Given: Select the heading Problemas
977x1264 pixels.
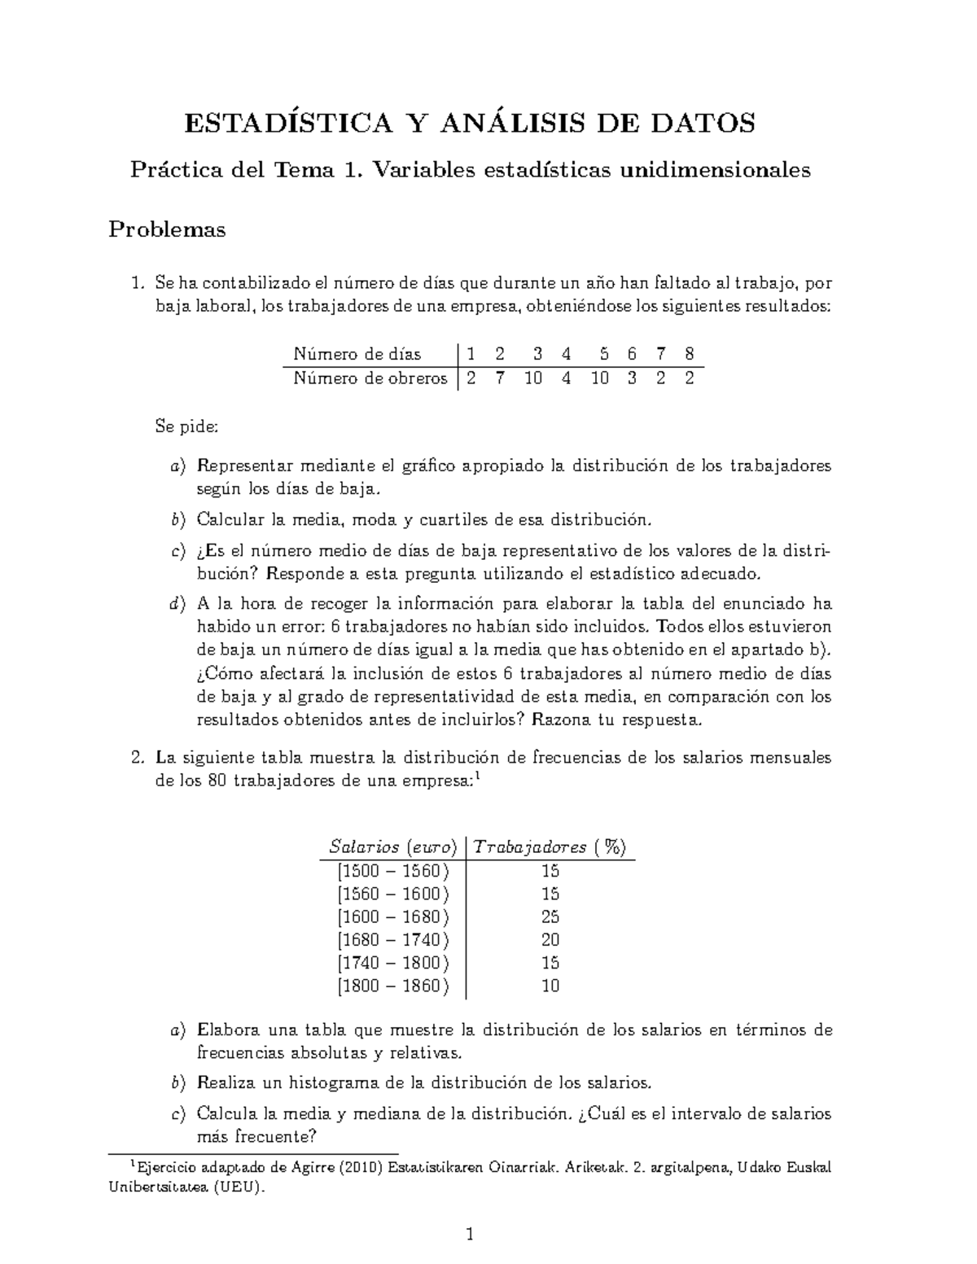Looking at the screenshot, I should pos(167,230).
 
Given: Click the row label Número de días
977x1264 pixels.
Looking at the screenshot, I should pos(357,354).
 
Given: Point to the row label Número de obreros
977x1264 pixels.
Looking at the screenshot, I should pos(370,378).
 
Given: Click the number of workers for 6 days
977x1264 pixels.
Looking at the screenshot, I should pos(632,378).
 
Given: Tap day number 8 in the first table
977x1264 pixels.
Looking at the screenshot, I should pos(690,354).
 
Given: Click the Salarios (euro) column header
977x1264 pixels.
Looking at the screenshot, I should pos(392,846).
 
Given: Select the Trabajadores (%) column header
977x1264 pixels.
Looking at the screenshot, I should pos(550,846).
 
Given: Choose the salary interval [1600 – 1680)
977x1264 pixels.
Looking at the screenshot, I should pos(392,916).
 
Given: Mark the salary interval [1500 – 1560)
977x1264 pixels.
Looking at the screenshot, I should pos(392,870).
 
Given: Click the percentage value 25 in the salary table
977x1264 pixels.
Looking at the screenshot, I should pos(550,916).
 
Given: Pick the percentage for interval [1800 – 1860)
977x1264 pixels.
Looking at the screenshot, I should pos(550,986).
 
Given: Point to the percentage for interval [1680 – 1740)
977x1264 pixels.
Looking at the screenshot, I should pos(550,939).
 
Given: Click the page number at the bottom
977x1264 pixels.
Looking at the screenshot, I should pos(470,1235).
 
